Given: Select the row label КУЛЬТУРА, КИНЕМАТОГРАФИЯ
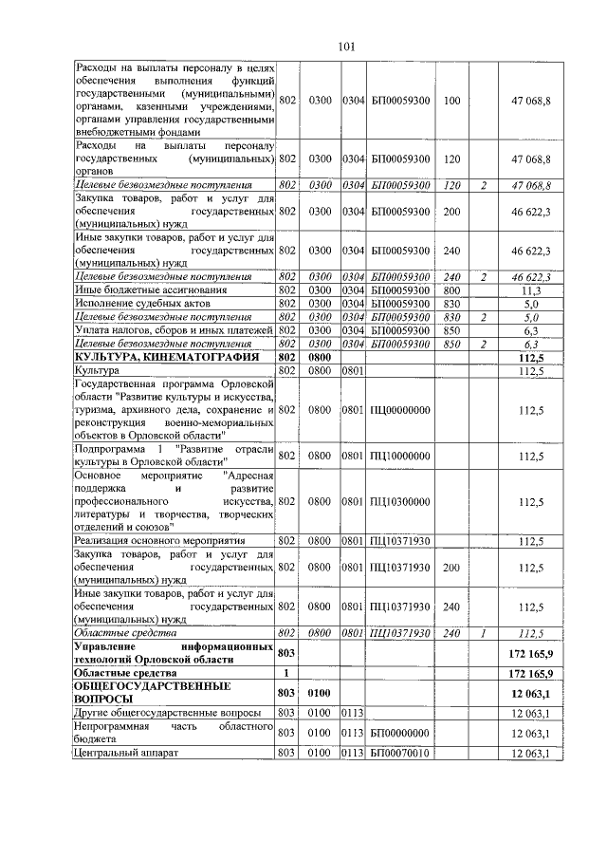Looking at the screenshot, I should [x=151, y=357].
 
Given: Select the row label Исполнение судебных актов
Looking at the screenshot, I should [x=137, y=303].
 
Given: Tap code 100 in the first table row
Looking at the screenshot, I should [x=451, y=100].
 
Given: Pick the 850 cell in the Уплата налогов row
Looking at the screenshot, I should [x=451, y=329].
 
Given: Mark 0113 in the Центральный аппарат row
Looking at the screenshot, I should [x=354, y=754].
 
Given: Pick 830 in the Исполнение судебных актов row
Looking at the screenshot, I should [x=451, y=303].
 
